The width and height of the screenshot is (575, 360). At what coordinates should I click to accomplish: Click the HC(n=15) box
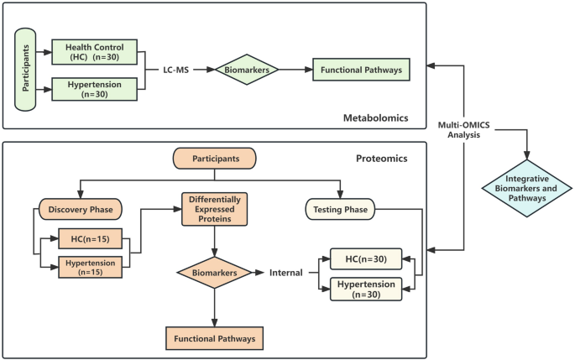(x=90, y=239)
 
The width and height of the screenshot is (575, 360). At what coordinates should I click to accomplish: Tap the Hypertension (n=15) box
(x=90, y=268)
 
